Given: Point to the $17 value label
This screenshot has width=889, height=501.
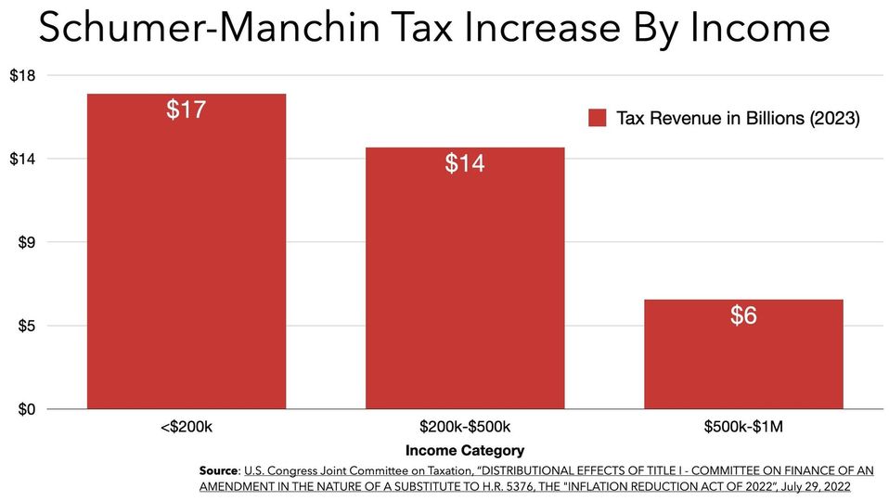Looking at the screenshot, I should click(x=186, y=109).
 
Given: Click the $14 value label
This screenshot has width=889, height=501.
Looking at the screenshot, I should click(x=464, y=163).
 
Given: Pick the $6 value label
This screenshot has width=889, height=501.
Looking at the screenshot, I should click(x=742, y=315).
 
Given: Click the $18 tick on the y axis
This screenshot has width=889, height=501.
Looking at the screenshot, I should click(x=22, y=75).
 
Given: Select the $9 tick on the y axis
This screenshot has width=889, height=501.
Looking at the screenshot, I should click(x=26, y=242).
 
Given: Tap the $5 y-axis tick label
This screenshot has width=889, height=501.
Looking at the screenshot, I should click(x=26, y=326).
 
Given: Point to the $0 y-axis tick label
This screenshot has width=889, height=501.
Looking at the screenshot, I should click(x=26, y=409).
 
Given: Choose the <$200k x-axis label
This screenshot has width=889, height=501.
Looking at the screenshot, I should click(x=186, y=428).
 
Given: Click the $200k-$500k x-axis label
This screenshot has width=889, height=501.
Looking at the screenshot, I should click(x=464, y=428).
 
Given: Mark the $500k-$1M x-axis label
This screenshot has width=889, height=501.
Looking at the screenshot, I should click(x=742, y=428).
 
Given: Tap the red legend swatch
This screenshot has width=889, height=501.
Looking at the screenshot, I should click(x=598, y=118).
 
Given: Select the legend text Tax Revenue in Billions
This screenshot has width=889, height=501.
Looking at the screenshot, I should click(x=738, y=118).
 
